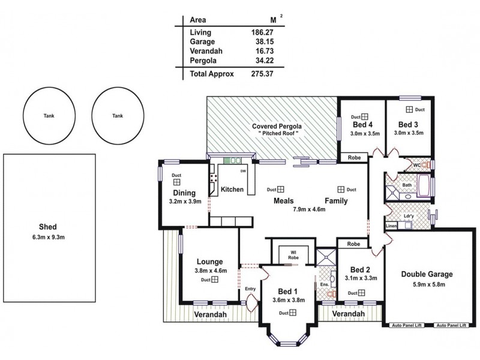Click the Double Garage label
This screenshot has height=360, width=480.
(x=427, y=274)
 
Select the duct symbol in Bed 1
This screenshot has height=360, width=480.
(x=293, y=313)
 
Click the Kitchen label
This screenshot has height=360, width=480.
(x=232, y=190)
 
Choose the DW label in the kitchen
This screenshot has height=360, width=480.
(x=243, y=172)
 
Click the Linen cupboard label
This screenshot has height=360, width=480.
(x=391, y=226)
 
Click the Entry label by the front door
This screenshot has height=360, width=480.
(x=251, y=289)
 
